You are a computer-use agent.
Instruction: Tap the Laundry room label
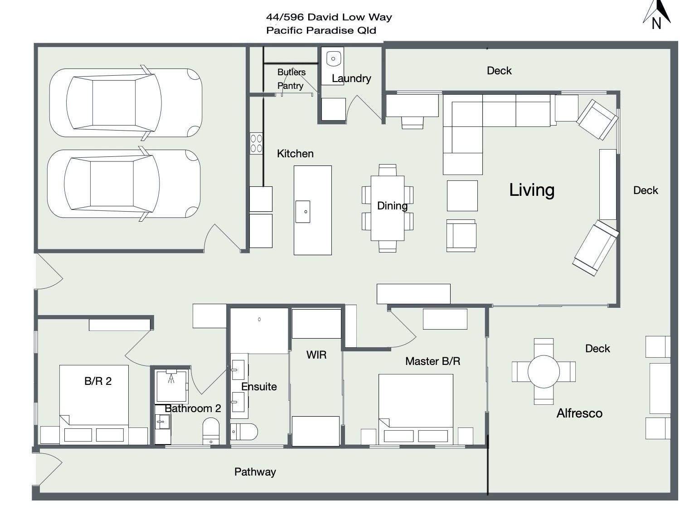[x=351, y=78]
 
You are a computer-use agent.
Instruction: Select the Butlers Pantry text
[x=291, y=78]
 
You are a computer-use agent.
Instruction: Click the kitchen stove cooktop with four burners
[x=256, y=144]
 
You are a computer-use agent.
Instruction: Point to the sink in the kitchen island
[x=303, y=212]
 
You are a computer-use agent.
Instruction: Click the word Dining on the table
[x=392, y=206]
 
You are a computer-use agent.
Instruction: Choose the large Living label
[x=532, y=190]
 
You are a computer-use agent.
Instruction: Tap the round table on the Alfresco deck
[x=544, y=372]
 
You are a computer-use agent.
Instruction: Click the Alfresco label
[x=579, y=413]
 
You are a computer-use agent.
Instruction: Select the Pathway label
[x=255, y=472]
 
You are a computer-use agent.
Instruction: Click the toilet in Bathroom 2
[x=211, y=432]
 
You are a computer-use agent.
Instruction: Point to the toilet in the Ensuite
[x=244, y=432]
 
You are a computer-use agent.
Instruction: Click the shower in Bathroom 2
[x=172, y=385]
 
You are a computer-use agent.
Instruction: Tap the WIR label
[x=316, y=355]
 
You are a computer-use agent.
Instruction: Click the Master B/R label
[x=432, y=361]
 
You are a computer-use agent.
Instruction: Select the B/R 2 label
[x=98, y=381]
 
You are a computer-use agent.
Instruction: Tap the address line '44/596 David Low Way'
[x=329, y=17]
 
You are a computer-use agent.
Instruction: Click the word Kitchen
[x=295, y=154]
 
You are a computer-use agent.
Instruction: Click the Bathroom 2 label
[x=193, y=408]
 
